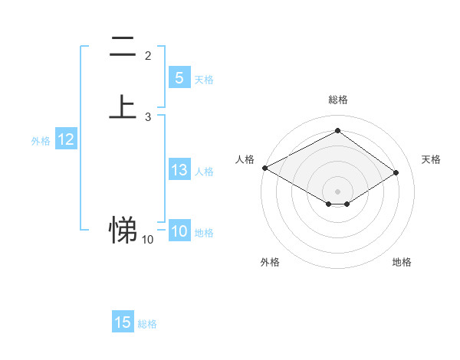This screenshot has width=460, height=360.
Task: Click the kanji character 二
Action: coord(123,47)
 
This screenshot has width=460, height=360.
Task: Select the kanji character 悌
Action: coord(123,228)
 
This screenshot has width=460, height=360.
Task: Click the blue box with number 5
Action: coord(179,78)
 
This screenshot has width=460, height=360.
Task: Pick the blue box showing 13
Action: coord(179,170)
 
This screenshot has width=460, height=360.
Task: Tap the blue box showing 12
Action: coord(65,139)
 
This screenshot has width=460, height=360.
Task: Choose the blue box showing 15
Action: coord(123,322)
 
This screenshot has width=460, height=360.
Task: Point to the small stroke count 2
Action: coord(148,56)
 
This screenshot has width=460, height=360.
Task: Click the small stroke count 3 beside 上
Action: coord(148,117)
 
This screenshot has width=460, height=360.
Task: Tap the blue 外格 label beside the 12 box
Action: coord(41,141)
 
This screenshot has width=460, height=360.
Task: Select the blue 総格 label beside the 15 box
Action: coord(147,324)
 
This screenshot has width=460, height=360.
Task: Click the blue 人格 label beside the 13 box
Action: coord(205,172)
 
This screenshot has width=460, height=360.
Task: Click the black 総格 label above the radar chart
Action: coord(337,100)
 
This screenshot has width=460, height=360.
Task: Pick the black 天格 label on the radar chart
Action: coord(431,159)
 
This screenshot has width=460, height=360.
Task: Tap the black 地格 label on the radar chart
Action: coord(402,263)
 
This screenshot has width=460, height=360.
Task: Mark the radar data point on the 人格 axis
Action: coord(264,168)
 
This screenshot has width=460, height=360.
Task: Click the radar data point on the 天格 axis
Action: coord(396,172)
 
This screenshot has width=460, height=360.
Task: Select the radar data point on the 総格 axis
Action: coord(337,130)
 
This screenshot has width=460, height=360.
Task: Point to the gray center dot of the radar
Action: coord(337,191)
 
